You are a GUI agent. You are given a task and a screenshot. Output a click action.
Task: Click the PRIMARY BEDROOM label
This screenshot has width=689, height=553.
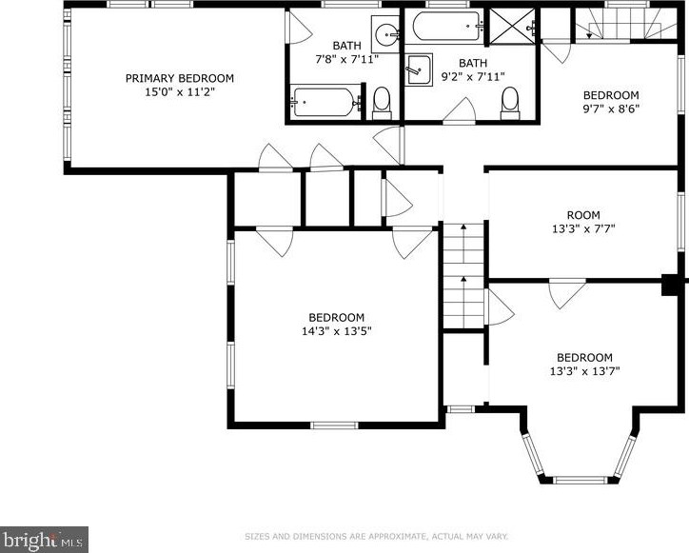(x=179, y=78)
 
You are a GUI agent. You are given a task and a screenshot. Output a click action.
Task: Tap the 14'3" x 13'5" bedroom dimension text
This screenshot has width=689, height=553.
(x=337, y=331)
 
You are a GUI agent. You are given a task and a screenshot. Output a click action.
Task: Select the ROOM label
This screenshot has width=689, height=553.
(x=583, y=215)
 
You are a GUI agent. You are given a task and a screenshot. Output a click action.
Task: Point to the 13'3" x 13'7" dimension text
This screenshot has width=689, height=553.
(x=584, y=371)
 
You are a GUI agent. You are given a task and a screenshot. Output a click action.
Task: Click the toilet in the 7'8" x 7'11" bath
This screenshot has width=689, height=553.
(x=382, y=104)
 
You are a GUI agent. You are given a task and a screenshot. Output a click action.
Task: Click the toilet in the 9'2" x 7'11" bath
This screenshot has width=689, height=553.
(x=510, y=104)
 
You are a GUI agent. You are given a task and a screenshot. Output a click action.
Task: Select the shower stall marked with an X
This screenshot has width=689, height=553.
(x=512, y=26)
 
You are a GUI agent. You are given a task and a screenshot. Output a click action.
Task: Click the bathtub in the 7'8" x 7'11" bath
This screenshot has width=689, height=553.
(x=325, y=103)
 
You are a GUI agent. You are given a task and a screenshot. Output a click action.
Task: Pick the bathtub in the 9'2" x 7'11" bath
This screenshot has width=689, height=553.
(x=447, y=27)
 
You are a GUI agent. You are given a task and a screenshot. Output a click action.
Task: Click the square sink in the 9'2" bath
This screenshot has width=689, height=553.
(x=419, y=69)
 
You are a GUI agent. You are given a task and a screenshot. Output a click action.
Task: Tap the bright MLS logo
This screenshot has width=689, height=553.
(x=44, y=540)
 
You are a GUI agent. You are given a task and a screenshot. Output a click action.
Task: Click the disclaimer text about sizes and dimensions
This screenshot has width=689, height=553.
(x=376, y=536)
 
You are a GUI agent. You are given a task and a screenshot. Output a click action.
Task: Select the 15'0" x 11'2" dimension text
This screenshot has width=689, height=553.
(x=180, y=92)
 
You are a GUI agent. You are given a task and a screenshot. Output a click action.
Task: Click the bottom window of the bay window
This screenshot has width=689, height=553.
(x=580, y=480)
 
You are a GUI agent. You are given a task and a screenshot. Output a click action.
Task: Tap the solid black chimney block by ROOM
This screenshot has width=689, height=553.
(x=670, y=285)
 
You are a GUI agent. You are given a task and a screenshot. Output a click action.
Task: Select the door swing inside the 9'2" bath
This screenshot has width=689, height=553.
(x=460, y=109)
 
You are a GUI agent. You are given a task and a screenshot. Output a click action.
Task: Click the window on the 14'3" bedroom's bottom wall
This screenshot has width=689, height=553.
(x=334, y=425)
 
